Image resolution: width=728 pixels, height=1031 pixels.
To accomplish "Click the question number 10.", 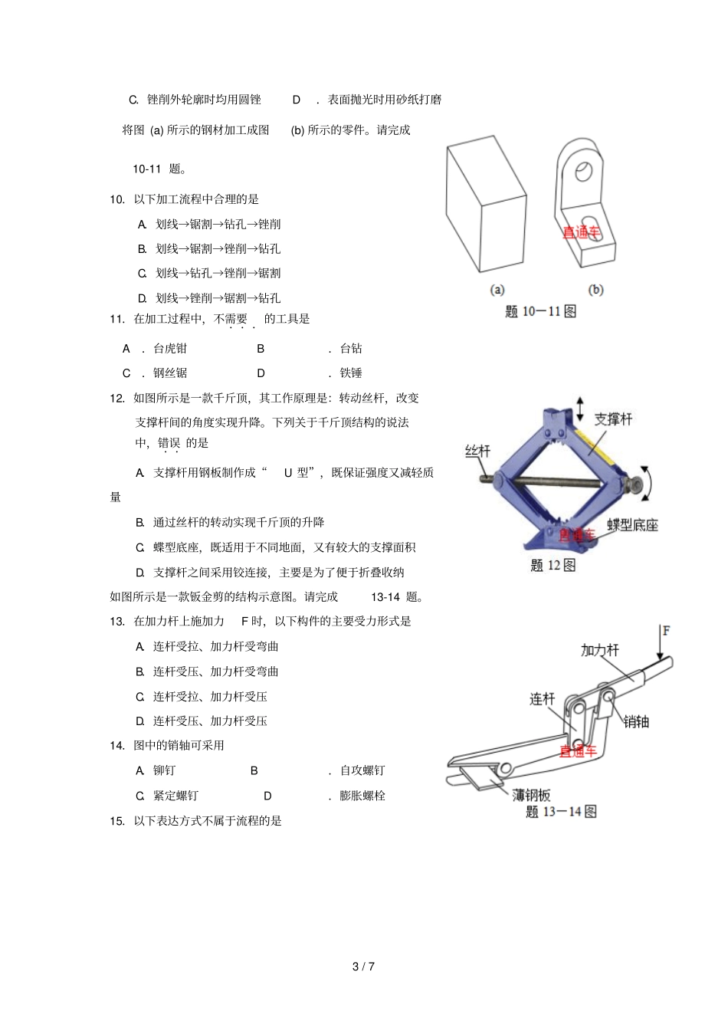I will pyautogui.click(x=116, y=199).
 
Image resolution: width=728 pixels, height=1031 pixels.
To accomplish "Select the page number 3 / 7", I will pyautogui.click(x=363, y=967).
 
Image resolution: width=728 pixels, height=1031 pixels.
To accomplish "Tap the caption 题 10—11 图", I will pyautogui.click(x=540, y=311).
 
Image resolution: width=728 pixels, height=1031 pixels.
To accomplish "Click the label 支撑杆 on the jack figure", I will pyautogui.click(x=613, y=419).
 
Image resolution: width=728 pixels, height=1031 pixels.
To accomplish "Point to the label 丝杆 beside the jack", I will pyautogui.click(x=477, y=451).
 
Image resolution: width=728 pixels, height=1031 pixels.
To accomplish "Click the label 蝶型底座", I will pyautogui.click(x=632, y=525).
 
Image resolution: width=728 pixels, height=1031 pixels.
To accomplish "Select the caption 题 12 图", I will pyautogui.click(x=553, y=565).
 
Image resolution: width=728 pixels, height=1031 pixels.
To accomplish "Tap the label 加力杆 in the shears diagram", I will pyautogui.click(x=599, y=650).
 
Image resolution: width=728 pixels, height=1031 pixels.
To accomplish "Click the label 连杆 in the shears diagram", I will pyautogui.click(x=542, y=698).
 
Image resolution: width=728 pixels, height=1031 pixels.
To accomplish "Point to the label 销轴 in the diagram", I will pyautogui.click(x=636, y=721).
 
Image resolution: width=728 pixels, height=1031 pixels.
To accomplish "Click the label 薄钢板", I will pyautogui.click(x=531, y=795).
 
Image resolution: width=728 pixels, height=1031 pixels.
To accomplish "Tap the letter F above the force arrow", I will pyautogui.click(x=666, y=631).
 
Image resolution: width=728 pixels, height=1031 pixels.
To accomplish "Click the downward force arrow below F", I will pyautogui.click(x=660, y=644).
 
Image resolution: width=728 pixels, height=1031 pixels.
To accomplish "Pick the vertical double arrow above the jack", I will pyautogui.click(x=580, y=408).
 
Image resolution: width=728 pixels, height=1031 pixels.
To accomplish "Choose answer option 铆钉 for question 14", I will pyautogui.click(x=164, y=770).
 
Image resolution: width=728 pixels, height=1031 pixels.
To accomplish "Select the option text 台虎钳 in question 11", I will pyautogui.click(x=170, y=348).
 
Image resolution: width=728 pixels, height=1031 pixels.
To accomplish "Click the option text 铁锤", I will pyautogui.click(x=351, y=373).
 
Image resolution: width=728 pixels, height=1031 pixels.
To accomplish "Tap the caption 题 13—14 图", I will pyautogui.click(x=561, y=812).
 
